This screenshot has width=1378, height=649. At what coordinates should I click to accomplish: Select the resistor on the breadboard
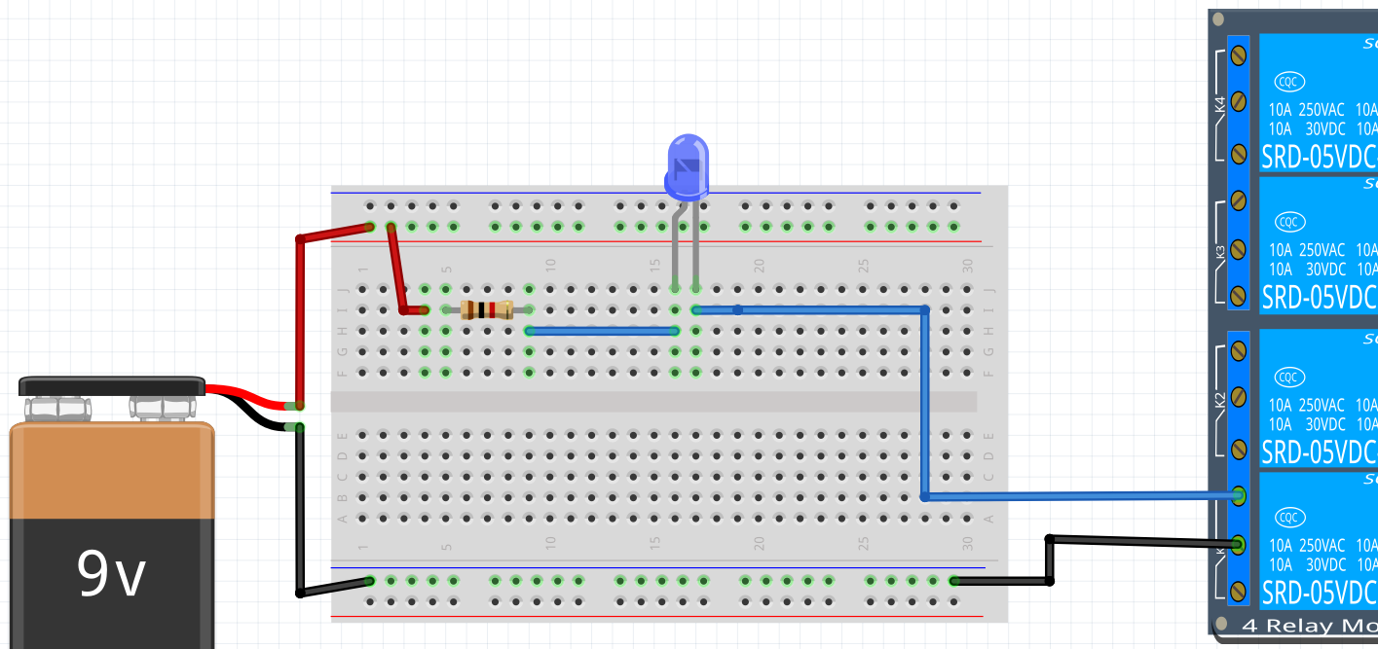(x=487, y=310)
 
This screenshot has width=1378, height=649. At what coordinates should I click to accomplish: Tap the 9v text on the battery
(x=111, y=574)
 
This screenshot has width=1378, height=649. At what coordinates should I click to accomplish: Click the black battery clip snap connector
(x=112, y=386)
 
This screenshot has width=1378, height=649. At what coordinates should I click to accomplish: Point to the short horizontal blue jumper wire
(x=602, y=331)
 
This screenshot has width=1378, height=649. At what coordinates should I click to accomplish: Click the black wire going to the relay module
(x=1139, y=540)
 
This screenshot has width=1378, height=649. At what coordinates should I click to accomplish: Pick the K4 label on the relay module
(x=1221, y=105)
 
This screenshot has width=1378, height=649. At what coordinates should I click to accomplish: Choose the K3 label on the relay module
(x=1221, y=252)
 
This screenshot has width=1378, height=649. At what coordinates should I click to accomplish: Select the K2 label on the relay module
(x=1221, y=400)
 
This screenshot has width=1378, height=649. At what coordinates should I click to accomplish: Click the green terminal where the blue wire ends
(x=1239, y=495)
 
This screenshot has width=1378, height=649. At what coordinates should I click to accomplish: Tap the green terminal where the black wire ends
(x=1239, y=544)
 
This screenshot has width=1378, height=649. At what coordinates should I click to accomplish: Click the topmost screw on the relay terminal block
(x=1239, y=52)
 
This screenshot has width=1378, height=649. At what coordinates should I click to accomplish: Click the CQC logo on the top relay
(x=1289, y=82)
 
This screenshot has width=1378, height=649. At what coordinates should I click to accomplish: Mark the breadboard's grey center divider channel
(x=652, y=402)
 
